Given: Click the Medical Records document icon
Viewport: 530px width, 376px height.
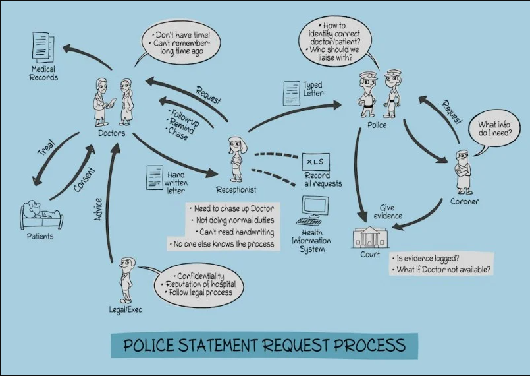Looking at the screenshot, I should tap(43, 47).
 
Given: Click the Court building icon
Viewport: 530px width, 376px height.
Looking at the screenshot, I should tap(371, 236).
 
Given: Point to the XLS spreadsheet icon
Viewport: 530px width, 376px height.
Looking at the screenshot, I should tap(315, 161).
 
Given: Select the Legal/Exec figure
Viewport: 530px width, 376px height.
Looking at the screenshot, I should tap(126, 278).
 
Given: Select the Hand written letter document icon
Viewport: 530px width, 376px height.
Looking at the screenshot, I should tap(155, 177).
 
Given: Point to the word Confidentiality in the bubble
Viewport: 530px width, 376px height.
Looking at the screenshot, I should tap(201, 276).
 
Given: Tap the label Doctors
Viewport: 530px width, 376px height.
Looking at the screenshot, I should tap(111, 133).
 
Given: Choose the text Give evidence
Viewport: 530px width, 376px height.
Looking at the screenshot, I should tap(388, 212).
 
